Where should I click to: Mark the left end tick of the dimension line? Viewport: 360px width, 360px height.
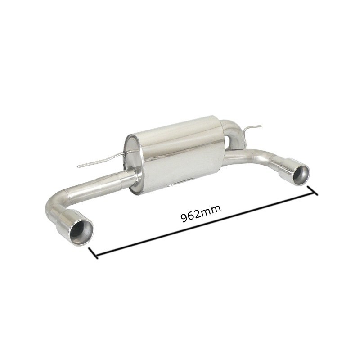94,253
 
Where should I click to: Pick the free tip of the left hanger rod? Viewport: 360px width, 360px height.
78,166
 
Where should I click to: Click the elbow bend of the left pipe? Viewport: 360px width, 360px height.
54,205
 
